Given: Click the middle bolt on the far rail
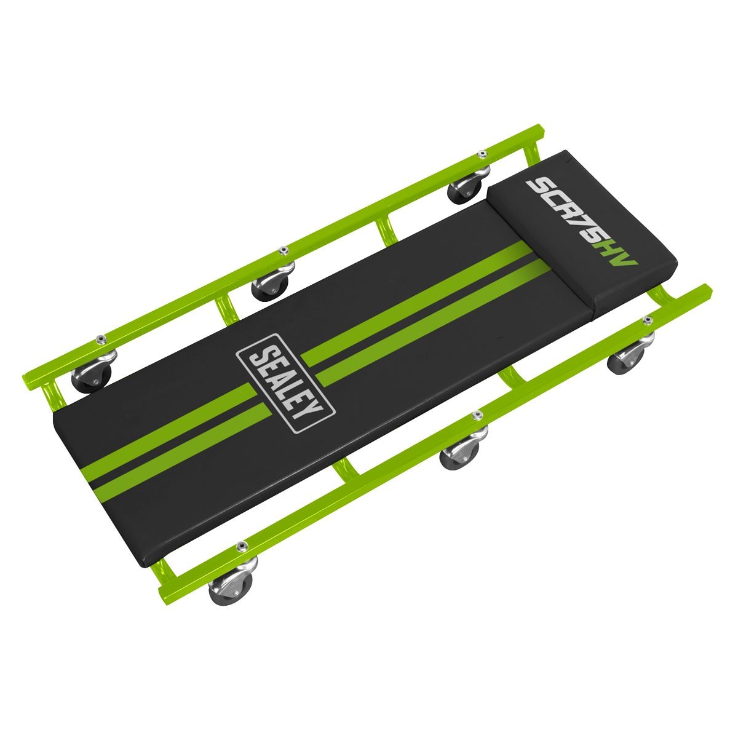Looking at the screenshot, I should pos(283,250).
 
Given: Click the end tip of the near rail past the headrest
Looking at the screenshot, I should pos(707,289).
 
